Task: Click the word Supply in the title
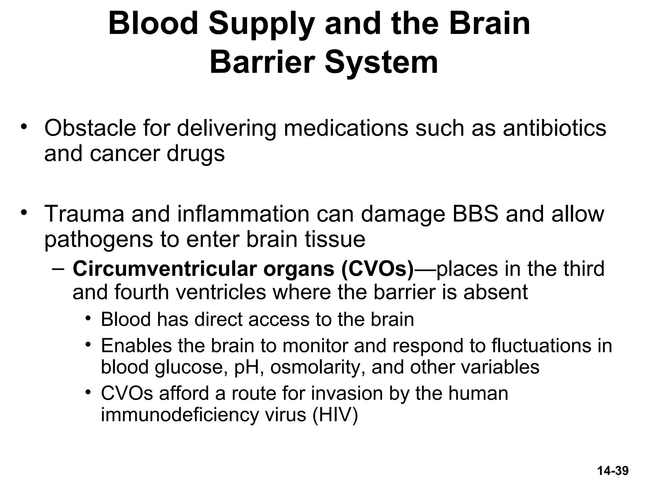pos(261,25)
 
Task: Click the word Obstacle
pos(90,128)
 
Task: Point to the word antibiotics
pos(554,128)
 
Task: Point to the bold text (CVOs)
pos(377,269)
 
